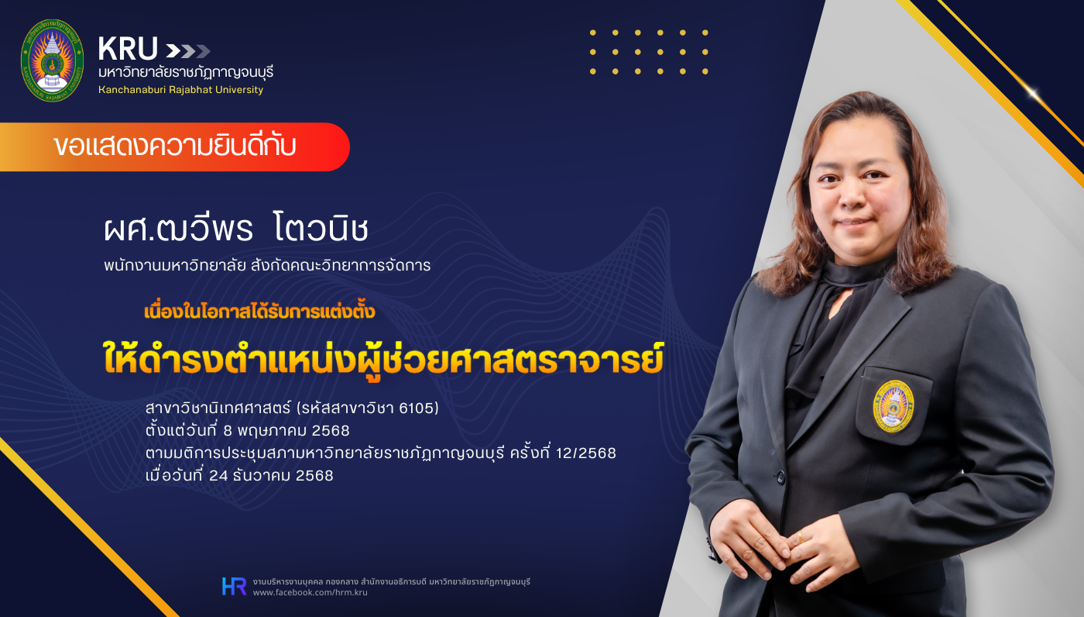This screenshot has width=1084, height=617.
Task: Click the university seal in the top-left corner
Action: pos(51,60)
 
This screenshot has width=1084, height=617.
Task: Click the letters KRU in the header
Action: pos(128,50)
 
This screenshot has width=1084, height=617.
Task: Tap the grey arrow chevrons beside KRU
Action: pos(187,51)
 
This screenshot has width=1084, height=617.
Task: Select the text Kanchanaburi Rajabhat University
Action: pos(180,90)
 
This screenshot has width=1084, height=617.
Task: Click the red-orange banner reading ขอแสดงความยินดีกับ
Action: pos(175,146)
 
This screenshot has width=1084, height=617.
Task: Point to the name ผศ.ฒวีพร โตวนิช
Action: pos(235,229)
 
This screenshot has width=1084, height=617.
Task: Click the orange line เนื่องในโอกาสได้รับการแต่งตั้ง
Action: pos(259,312)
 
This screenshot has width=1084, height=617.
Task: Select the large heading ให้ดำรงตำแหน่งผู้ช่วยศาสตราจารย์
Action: pos(383,358)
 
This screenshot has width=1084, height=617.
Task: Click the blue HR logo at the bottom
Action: pos(234,586)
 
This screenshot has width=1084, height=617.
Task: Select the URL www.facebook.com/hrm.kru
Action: pos(310,592)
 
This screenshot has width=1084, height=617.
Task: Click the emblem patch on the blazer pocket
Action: pos(894,405)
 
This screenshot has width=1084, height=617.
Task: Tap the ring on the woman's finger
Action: pos(800,536)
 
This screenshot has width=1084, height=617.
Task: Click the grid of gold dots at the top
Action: pos(649,52)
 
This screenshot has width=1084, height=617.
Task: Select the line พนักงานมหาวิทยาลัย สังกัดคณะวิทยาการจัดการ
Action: pos(267,266)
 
